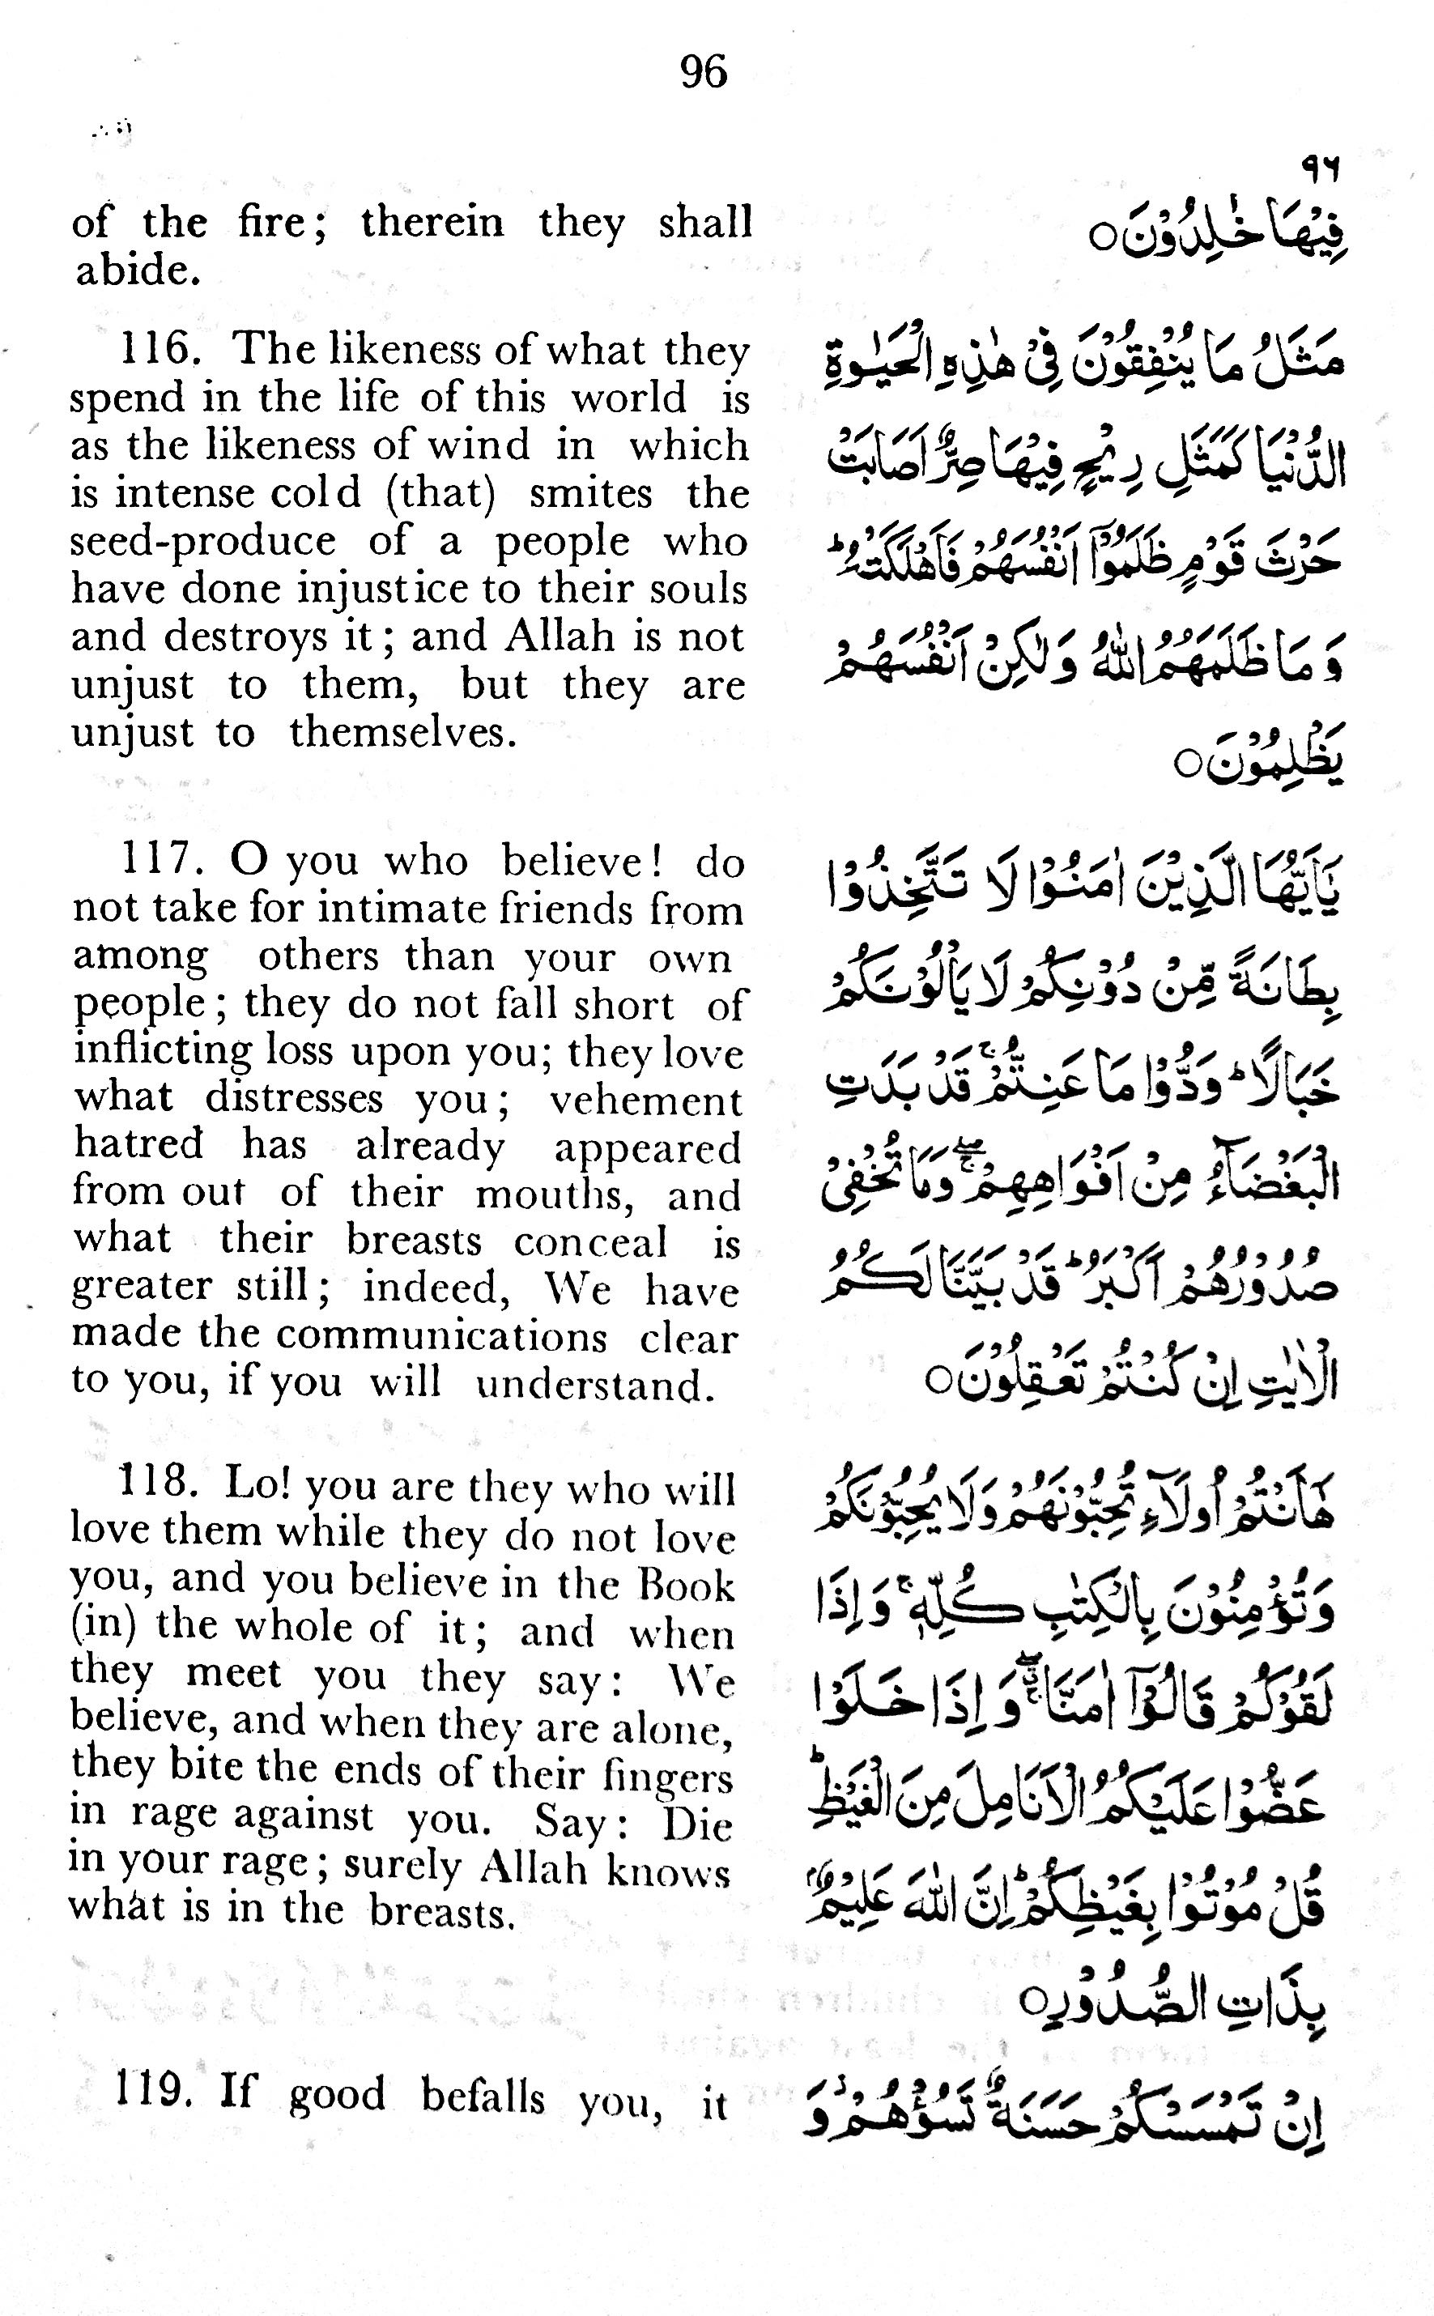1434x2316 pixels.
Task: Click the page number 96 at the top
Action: (704, 72)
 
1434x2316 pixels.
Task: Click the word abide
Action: (138, 271)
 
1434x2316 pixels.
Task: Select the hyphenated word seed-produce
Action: (203, 542)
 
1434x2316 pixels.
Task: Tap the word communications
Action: (441, 1336)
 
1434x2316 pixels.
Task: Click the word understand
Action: (594, 1385)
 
